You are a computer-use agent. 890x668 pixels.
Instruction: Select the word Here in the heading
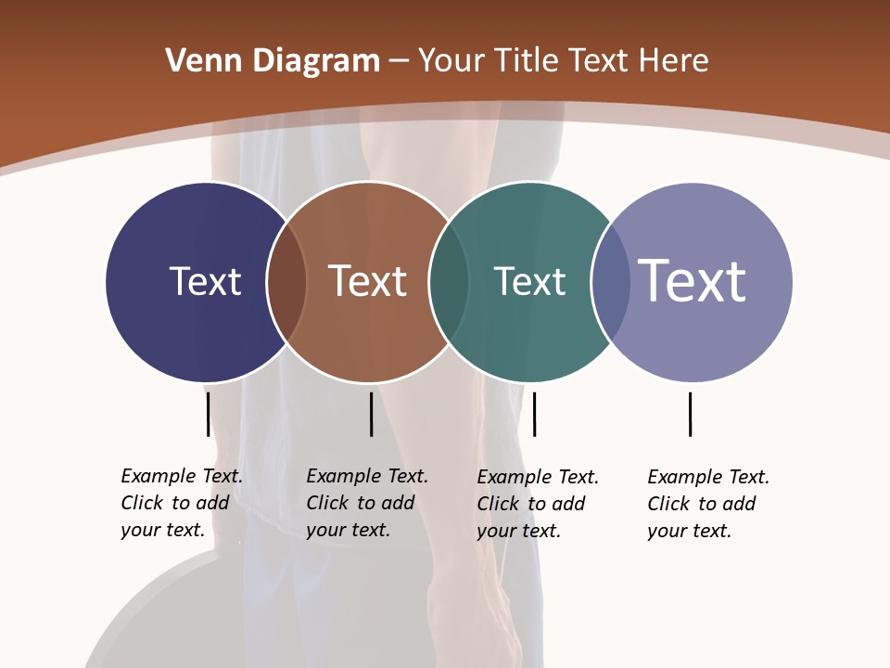pos(674,61)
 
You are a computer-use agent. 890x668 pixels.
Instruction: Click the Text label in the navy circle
pos(205,281)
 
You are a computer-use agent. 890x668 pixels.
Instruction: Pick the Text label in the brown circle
pos(367,281)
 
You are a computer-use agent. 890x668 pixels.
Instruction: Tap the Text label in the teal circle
pos(529,281)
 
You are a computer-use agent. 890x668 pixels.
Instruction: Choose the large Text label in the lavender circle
pos(693,281)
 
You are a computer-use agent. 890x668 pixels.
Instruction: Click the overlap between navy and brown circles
pos(286,282)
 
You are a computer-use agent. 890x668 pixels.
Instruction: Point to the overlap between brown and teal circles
pos(449,282)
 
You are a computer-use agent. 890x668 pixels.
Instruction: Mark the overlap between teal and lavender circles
pos(611,282)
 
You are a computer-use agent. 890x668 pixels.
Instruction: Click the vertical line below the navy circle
pos(208,414)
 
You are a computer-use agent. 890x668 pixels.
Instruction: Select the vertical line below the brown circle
pos(371,414)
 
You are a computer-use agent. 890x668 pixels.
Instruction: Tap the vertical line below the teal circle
pos(534,414)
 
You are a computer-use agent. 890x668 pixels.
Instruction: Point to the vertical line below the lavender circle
pos(690,414)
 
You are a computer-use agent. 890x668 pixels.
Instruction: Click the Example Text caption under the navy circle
pos(181,503)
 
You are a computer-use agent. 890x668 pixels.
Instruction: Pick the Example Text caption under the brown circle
pos(366,503)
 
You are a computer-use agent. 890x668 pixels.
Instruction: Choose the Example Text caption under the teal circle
pos(537,504)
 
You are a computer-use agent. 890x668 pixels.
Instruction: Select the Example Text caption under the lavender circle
pos(707,504)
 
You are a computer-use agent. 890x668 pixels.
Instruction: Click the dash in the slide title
pos(399,62)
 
